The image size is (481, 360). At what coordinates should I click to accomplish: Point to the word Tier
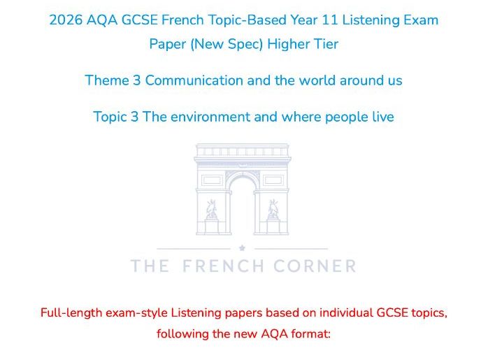[325, 44]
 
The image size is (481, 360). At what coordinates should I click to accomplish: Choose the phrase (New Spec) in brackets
[217, 44]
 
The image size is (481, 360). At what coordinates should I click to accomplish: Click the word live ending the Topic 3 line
[382, 117]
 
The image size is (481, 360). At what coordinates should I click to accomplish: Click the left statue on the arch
[211, 209]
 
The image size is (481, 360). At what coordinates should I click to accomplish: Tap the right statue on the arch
[273, 209]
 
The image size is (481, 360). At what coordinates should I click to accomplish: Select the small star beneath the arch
[242, 247]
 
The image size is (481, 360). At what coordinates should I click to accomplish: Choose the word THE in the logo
[150, 266]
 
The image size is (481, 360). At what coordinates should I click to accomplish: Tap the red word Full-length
[71, 312]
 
